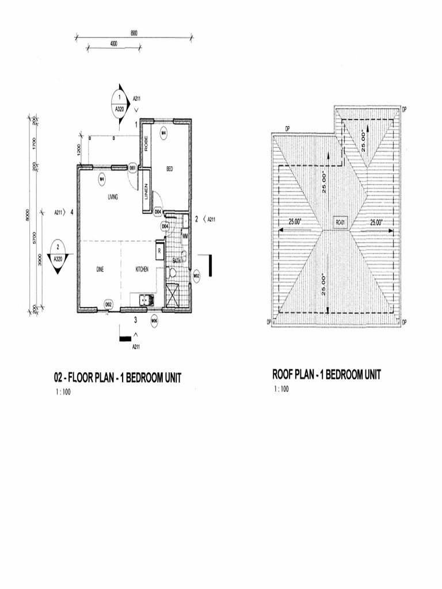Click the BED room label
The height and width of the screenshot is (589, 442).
point(170,169)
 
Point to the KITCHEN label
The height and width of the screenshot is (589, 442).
point(142,269)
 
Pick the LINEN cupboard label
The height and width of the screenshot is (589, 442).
point(147,189)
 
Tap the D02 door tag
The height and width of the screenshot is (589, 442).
point(108,304)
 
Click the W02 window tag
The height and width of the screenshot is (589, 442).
point(196,275)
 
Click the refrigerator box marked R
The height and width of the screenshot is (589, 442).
point(158,250)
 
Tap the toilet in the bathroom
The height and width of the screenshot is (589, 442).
point(184,256)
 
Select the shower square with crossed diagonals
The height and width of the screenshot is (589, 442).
point(173,294)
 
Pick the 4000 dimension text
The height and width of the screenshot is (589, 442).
point(113,43)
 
